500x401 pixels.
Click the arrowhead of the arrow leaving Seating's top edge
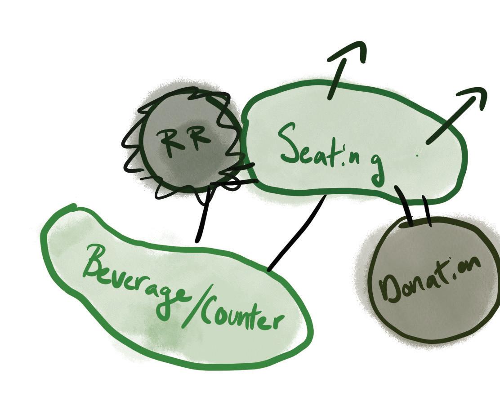coord(355,51)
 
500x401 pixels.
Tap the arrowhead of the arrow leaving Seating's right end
coord(476,96)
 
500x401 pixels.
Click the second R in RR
coord(199,137)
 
